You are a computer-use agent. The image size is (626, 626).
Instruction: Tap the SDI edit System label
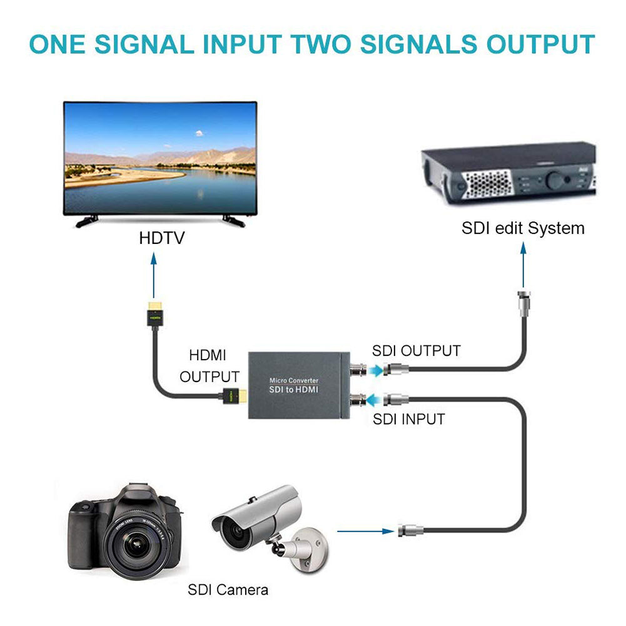(x=523, y=228)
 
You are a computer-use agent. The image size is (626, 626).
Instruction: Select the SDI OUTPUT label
(x=416, y=351)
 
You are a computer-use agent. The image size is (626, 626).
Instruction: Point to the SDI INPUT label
(x=408, y=419)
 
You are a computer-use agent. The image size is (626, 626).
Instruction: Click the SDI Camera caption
(x=228, y=589)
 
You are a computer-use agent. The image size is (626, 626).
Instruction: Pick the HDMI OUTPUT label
(x=209, y=366)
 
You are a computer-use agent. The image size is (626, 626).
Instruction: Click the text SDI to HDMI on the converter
(x=294, y=389)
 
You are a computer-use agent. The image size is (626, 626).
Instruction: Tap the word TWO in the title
(x=338, y=44)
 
